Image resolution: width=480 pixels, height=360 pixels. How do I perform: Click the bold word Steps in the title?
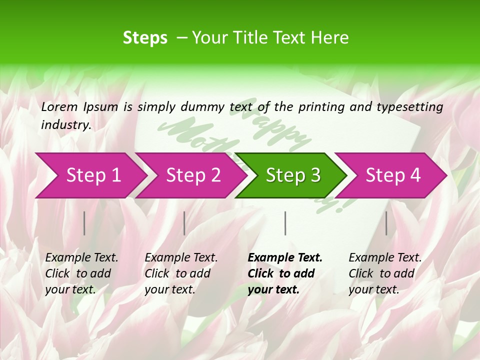point(145,37)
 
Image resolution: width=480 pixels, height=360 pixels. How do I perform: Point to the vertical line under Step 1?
point(84,223)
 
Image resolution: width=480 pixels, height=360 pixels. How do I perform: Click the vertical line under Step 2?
point(184,223)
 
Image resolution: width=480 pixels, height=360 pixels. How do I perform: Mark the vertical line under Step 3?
point(285,223)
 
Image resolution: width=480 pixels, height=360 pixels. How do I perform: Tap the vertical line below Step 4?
point(386,223)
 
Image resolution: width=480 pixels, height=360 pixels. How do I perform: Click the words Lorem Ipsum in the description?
point(79,106)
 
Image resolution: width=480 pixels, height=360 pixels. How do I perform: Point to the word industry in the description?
point(65,125)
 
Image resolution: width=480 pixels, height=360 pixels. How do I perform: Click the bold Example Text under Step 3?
point(285,257)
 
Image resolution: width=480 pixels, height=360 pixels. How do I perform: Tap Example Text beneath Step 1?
point(81,257)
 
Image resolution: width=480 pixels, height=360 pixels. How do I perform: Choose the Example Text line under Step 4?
point(385,257)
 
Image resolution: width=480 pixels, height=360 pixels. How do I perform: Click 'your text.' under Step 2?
point(169,289)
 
